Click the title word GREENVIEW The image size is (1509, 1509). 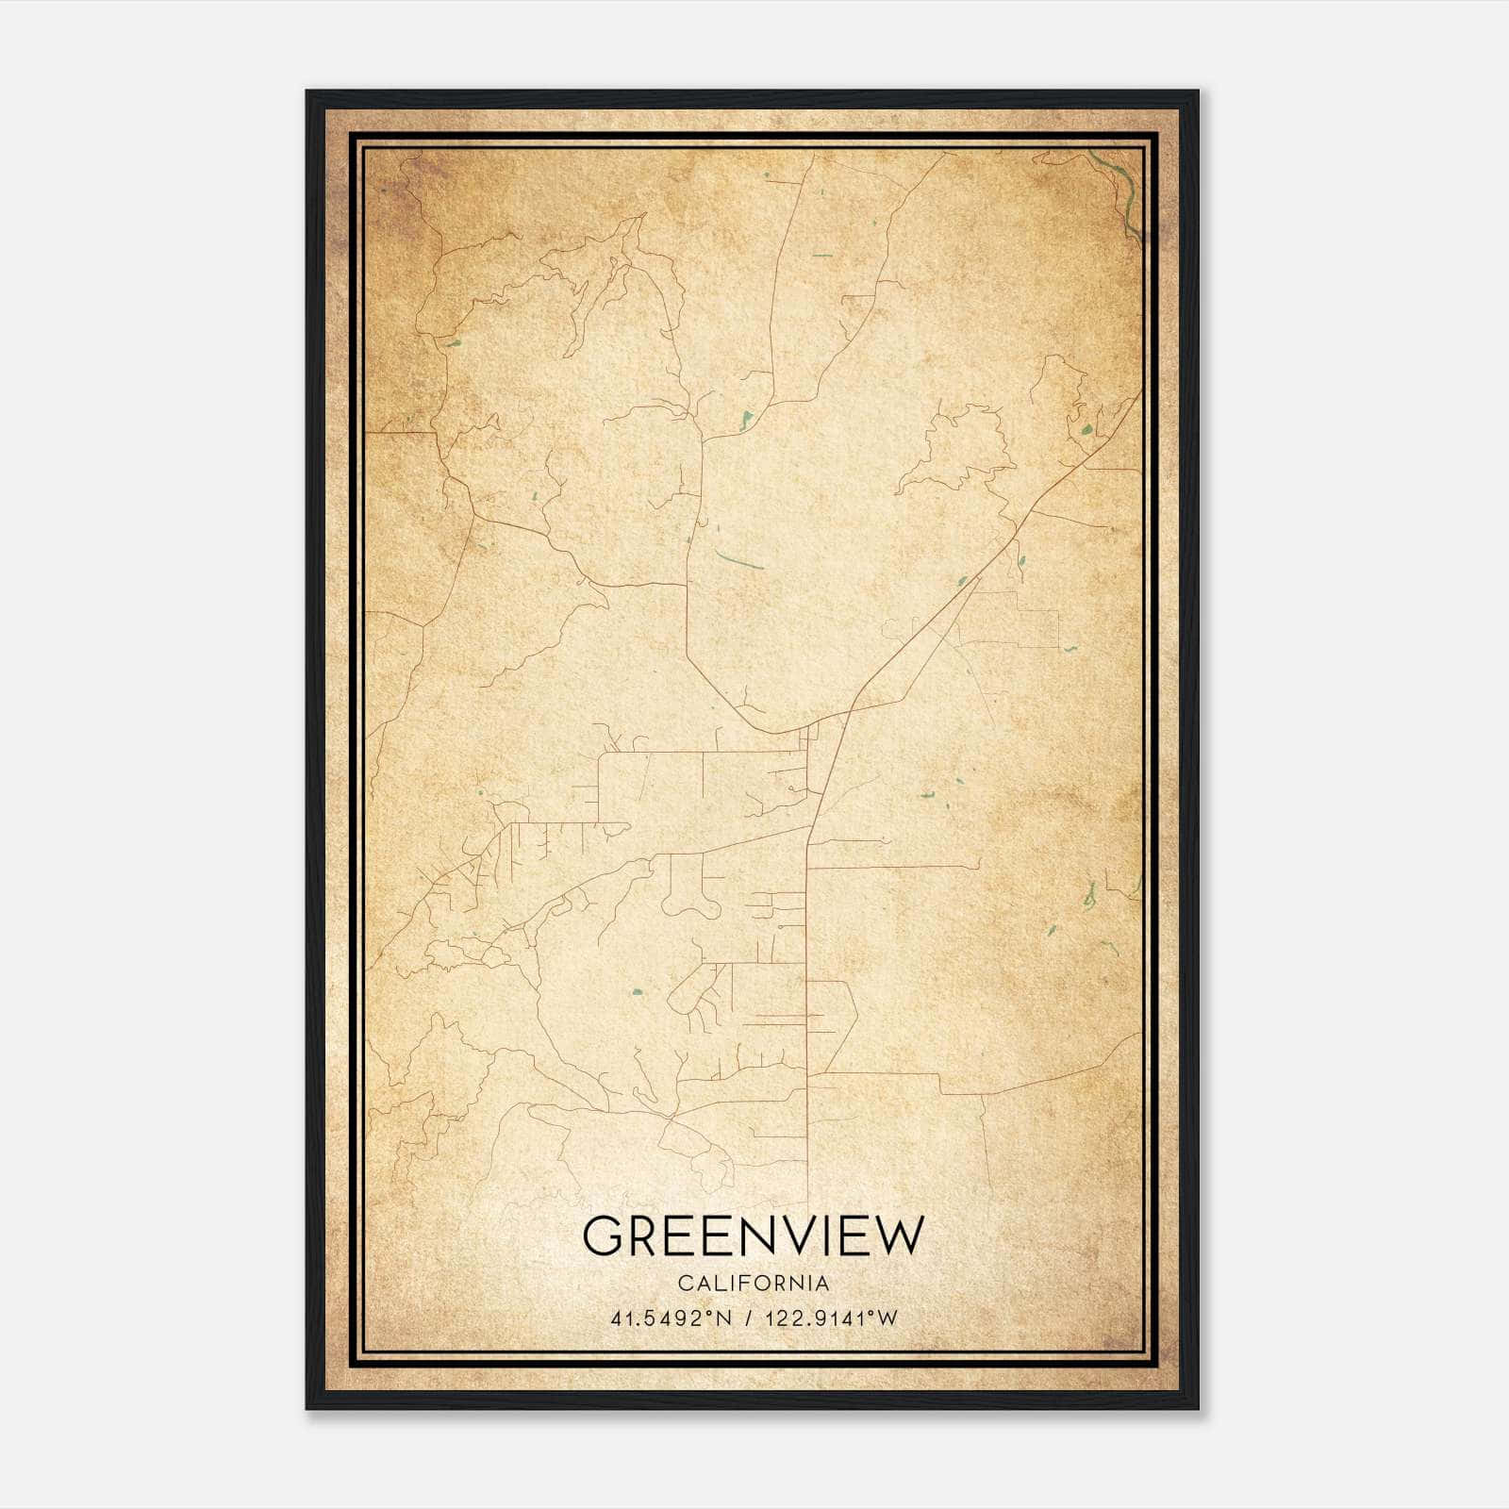(754, 1235)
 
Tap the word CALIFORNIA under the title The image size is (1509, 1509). (754, 1284)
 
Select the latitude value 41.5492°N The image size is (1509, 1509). (672, 1318)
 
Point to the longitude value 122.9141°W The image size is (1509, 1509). (832, 1318)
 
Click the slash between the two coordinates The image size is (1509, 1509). (749, 1318)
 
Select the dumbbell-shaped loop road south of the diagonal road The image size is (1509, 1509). (691, 896)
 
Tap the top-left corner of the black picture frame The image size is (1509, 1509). (307, 92)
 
